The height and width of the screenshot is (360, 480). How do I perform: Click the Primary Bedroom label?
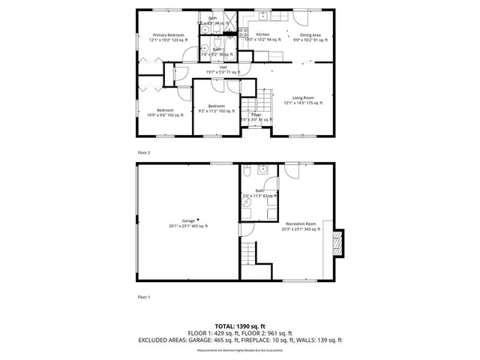pyautogui.click(x=169, y=35)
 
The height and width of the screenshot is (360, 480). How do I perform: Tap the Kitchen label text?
pyautogui.click(x=262, y=34)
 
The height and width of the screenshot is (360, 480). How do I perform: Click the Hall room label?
pyautogui.click(x=223, y=67)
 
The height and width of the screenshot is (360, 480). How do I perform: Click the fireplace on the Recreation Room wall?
pyautogui.click(x=338, y=241)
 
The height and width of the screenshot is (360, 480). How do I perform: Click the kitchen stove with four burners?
pyautogui.click(x=243, y=32)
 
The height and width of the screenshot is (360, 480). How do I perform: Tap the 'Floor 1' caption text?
pyautogui.click(x=143, y=297)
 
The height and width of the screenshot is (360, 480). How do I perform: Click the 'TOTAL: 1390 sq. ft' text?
pyautogui.click(x=240, y=326)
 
